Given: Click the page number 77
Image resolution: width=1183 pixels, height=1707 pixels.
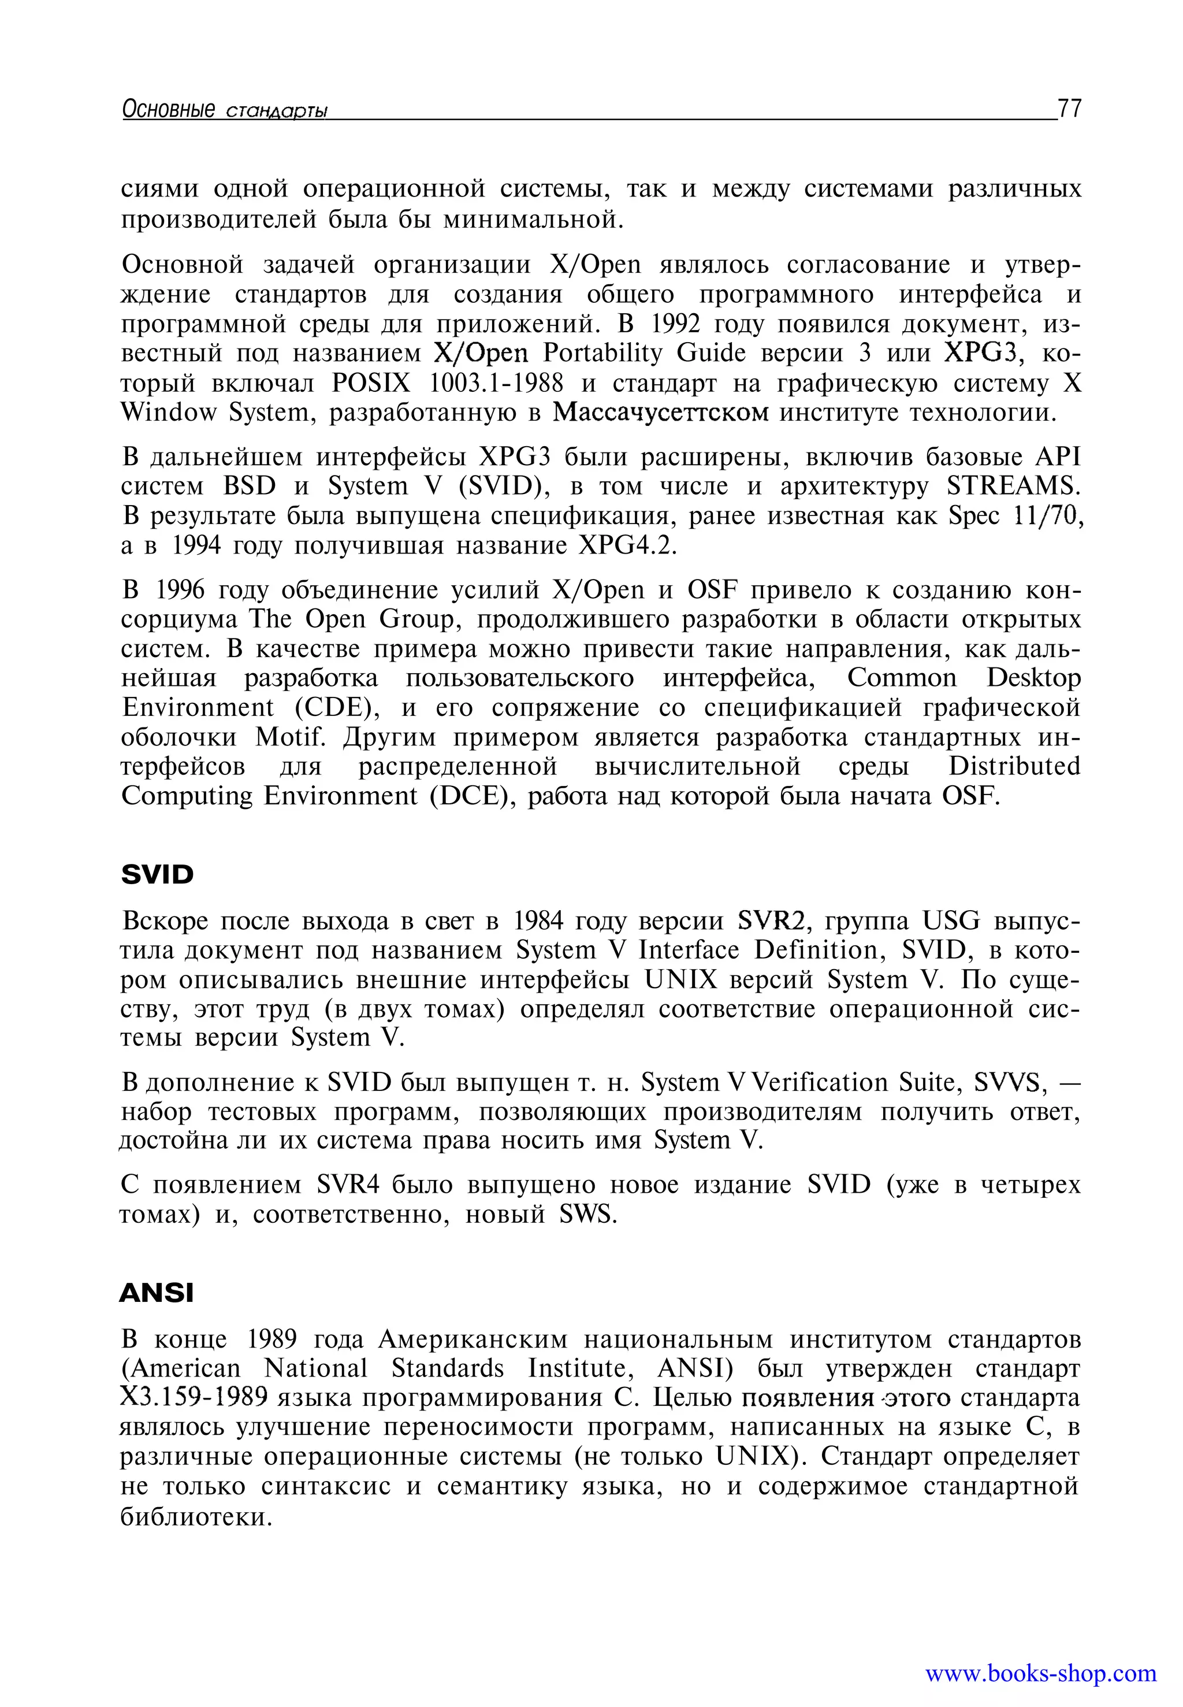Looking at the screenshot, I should click(x=1070, y=109).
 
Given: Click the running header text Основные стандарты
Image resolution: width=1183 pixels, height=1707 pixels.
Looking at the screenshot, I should click(x=225, y=110).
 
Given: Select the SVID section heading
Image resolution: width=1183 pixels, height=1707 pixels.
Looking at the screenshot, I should click(x=157, y=875).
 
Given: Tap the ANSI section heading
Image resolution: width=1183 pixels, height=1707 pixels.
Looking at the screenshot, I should click(x=157, y=1293).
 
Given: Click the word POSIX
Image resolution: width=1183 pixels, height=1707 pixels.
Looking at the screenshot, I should click(x=371, y=383).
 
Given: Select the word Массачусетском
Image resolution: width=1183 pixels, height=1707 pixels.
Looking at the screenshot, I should click(x=661, y=412).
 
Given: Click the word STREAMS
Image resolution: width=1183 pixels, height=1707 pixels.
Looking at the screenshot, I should click(x=1013, y=487).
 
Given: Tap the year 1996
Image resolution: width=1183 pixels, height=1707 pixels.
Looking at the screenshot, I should click(x=180, y=590).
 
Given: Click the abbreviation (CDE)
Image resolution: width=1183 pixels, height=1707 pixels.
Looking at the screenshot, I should click(x=338, y=708).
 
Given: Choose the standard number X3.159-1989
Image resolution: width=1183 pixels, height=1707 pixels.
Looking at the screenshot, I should click(x=194, y=1398).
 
